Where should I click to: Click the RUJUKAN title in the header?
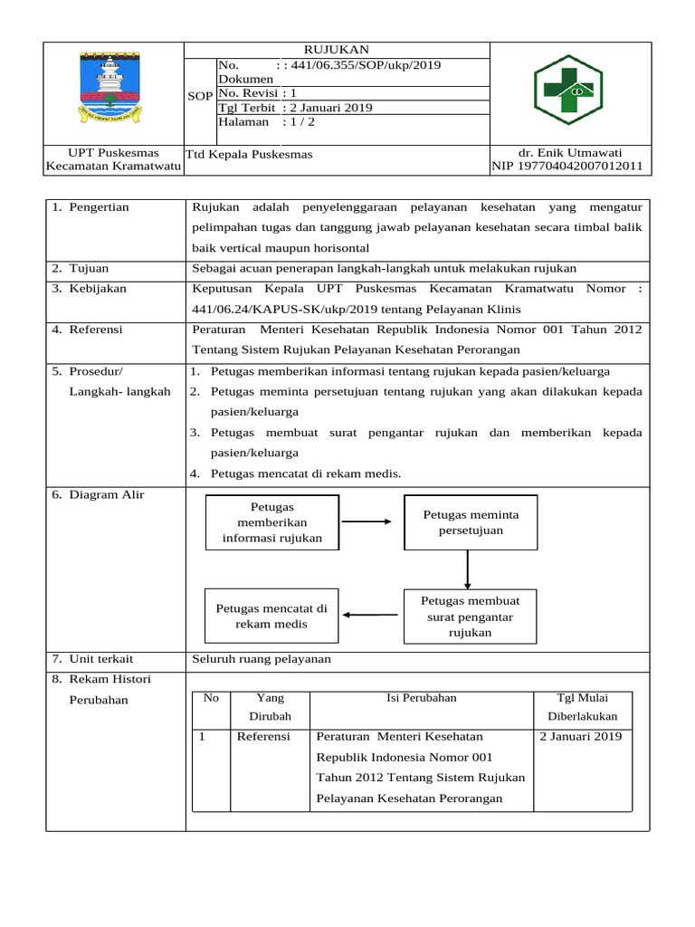pos(336,49)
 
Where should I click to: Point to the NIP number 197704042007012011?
pos(567,167)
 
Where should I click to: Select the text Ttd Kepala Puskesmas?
pos(249,155)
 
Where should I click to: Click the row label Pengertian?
pos(96,207)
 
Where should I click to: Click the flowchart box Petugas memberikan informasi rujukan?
pos(273,522)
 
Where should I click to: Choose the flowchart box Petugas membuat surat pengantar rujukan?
pos(469,616)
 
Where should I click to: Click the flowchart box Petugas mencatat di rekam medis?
pos(271,616)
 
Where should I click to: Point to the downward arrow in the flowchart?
pos(468,569)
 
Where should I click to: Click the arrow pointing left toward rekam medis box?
pos(371,616)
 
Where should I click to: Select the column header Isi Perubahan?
pos(421,698)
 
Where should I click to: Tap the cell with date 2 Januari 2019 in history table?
pos(580,737)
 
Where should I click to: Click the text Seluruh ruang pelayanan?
pos(262,659)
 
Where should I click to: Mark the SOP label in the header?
pos(199,96)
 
